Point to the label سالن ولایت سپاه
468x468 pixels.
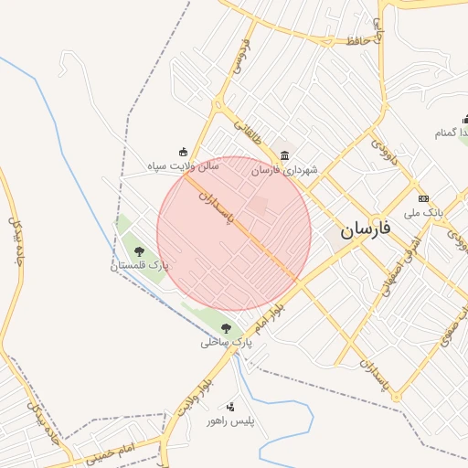(184, 167)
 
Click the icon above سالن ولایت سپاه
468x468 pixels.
(183, 152)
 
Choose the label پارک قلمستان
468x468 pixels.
(141, 265)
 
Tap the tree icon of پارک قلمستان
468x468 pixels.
(139, 250)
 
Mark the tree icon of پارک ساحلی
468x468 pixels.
(226, 328)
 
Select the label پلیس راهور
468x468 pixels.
(229, 421)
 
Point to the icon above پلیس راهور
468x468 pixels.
(229, 407)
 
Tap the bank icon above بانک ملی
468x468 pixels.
(423, 198)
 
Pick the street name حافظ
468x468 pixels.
(357, 40)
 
